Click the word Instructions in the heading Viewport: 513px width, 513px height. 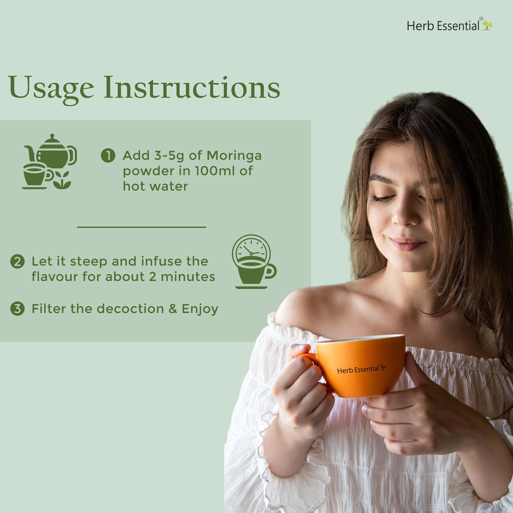192,87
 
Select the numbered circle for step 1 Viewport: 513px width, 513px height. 108,156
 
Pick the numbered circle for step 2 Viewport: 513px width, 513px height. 17,262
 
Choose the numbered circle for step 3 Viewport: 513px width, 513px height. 17,309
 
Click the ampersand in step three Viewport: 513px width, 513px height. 173,309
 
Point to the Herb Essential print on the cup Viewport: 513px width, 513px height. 362,369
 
